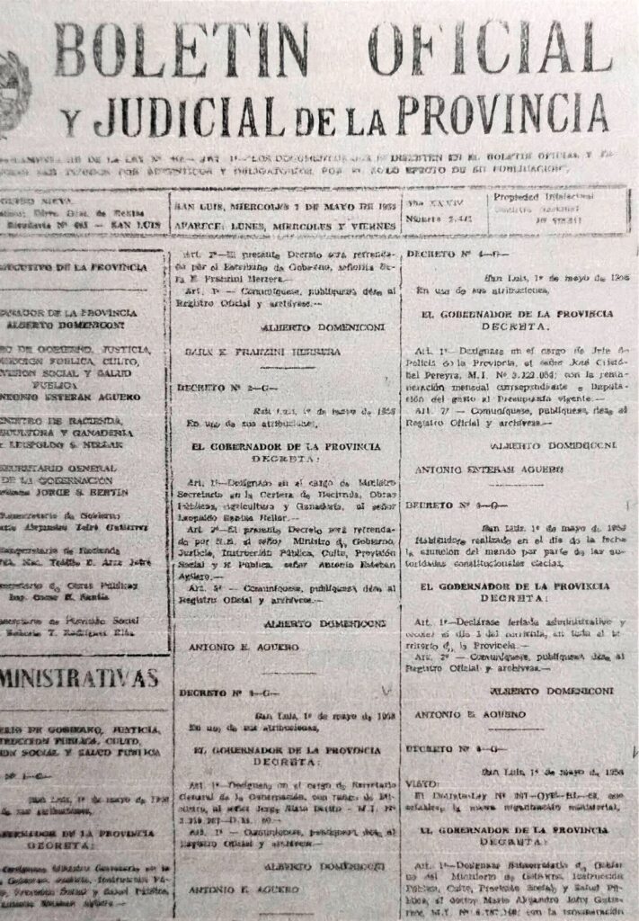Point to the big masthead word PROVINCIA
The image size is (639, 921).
click(502, 113)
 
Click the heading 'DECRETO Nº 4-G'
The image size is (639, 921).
click(442, 254)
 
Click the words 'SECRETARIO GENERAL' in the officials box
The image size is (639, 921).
click(58, 469)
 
